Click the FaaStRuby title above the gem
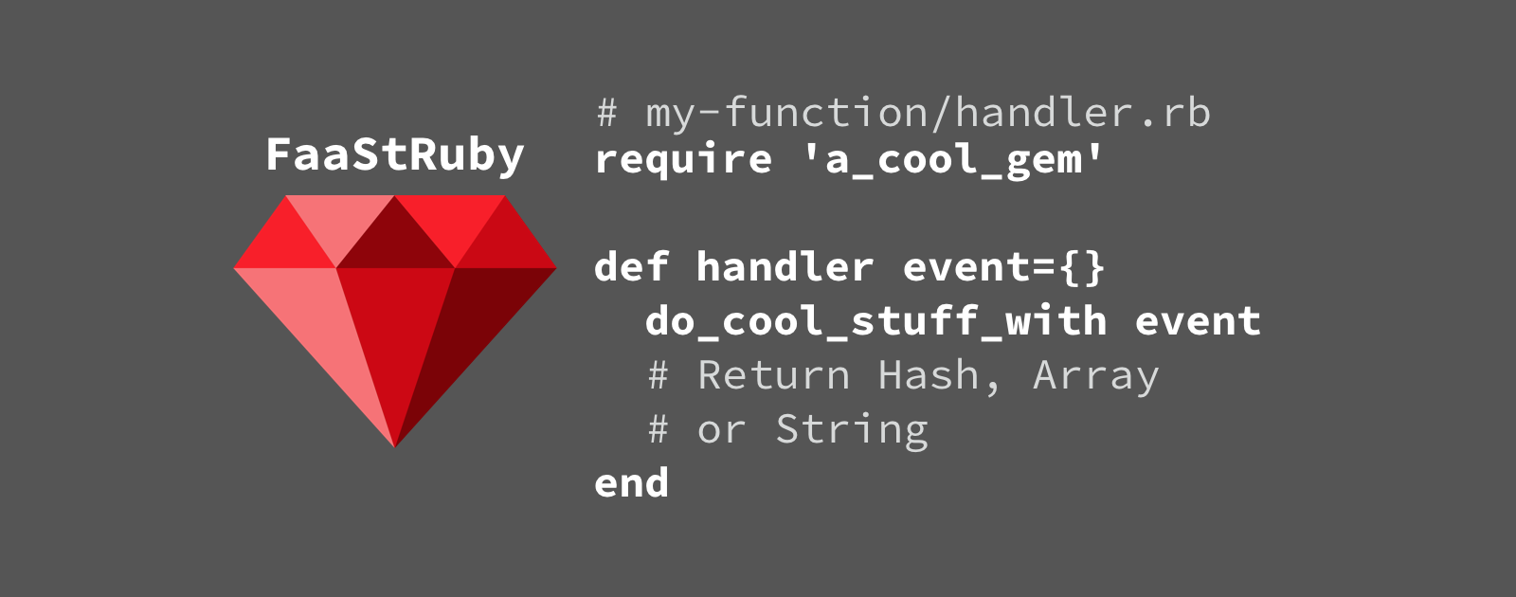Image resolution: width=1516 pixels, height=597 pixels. (x=395, y=156)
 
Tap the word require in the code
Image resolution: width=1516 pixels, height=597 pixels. (x=683, y=160)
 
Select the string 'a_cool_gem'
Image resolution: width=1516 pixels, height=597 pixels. (x=953, y=160)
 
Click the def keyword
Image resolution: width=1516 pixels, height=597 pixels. (x=631, y=266)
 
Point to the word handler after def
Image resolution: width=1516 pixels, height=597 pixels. (x=785, y=266)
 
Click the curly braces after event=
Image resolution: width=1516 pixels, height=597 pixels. (x=1082, y=267)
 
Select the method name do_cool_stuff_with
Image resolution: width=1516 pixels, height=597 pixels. (x=876, y=320)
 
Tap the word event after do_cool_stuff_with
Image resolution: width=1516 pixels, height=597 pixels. (x=1198, y=321)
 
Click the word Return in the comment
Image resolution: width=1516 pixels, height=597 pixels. (x=773, y=375)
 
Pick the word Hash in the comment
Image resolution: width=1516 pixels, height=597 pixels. (x=929, y=374)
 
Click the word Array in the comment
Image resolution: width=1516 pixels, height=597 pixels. (x=1095, y=376)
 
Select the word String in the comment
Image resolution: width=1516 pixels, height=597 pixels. (x=852, y=429)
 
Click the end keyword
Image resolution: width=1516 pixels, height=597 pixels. (x=631, y=482)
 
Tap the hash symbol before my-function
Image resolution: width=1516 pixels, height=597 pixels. (x=607, y=113)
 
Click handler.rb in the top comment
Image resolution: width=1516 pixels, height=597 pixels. (x=1083, y=112)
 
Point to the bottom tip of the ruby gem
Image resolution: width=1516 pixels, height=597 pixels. (x=394, y=446)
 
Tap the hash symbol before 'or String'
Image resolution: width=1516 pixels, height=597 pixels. (x=659, y=429)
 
